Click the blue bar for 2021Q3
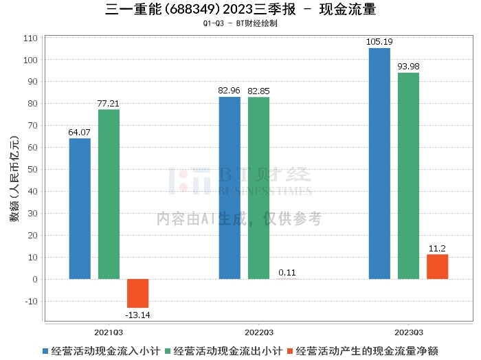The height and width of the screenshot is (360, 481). coord(80,209)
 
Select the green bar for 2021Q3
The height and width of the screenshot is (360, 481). coord(109,194)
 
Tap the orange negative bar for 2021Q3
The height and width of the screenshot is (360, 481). coord(137,293)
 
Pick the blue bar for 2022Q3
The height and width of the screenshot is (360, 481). coord(230,188)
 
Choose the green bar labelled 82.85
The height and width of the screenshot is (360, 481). coord(258,188)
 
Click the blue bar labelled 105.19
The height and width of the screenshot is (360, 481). coord(379,164)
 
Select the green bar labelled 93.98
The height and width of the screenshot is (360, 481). coord(408,176)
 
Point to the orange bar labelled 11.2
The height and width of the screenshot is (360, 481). coord(437,267)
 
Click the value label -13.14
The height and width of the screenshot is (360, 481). coord(137,315)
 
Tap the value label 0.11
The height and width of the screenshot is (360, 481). coord(287,273)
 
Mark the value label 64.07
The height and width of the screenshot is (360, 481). coord(80,132)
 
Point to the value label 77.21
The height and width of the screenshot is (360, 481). coord(109,104)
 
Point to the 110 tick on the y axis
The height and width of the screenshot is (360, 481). coord(30,38)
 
